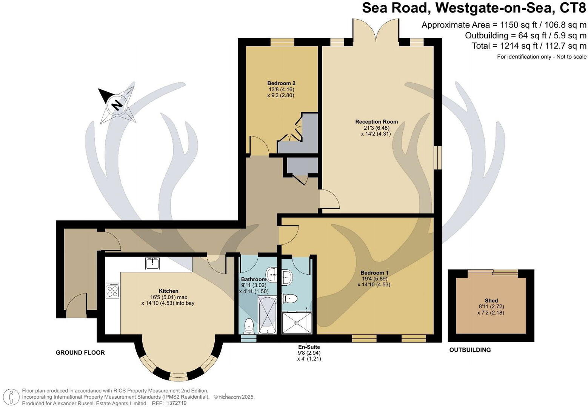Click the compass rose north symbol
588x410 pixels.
point(117,104)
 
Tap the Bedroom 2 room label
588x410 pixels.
point(281,83)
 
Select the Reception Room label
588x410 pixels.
point(376,122)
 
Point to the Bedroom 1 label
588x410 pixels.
point(374,273)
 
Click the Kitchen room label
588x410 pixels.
point(168,291)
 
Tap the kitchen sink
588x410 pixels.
point(152,263)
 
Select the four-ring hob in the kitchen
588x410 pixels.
point(112,290)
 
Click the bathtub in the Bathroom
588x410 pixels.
point(268,315)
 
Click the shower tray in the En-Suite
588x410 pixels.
point(297,323)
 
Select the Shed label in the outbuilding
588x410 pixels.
point(491,300)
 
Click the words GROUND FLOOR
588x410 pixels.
point(80,353)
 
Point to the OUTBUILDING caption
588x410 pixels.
point(470,350)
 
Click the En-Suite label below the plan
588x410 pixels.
point(309,347)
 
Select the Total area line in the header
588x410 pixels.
point(529,46)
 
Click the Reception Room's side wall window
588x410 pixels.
point(437,158)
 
